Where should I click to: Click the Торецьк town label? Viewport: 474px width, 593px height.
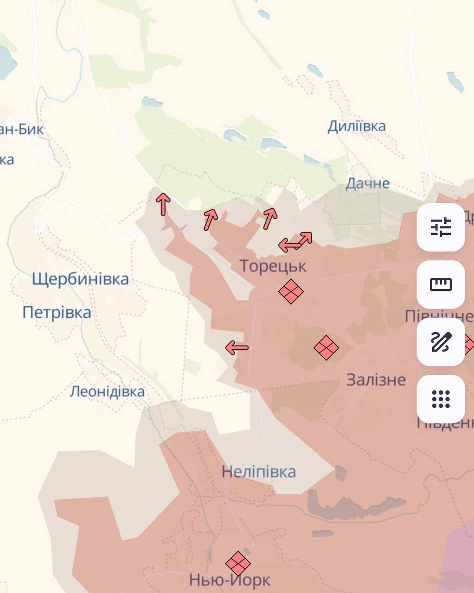click(x=273, y=266)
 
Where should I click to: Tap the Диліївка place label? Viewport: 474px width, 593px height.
click(x=356, y=126)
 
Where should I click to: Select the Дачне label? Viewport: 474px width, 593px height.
click(x=367, y=183)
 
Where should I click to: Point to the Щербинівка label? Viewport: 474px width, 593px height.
click(x=80, y=279)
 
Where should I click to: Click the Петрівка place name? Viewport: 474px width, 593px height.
click(x=57, y=312)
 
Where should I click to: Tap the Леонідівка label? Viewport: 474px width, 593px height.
click(x=107, y=391)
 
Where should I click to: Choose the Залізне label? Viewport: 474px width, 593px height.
click(x=376, y=380)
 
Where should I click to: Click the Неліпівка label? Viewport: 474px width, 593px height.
click(x=258, y=472)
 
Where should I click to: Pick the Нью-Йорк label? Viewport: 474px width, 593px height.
click(x=229, y=580)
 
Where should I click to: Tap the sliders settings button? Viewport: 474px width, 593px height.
click(x=441, y=227)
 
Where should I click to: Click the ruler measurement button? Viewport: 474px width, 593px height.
click(x=441, y=284)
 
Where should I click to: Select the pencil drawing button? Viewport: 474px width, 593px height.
click(x=441, y=341)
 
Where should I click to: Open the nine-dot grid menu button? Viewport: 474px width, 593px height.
click(x=441, y=399)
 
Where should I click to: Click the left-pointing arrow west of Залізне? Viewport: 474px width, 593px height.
click(x=237, y=347)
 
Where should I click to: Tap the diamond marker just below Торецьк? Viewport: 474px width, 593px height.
click(x=291, y=291)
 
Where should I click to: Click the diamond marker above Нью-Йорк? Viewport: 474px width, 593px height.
click(x=238, y=563)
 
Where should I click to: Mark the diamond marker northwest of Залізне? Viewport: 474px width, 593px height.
click(x=326, y=347)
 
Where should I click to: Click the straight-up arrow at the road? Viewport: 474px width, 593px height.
click(x=163, y=204)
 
